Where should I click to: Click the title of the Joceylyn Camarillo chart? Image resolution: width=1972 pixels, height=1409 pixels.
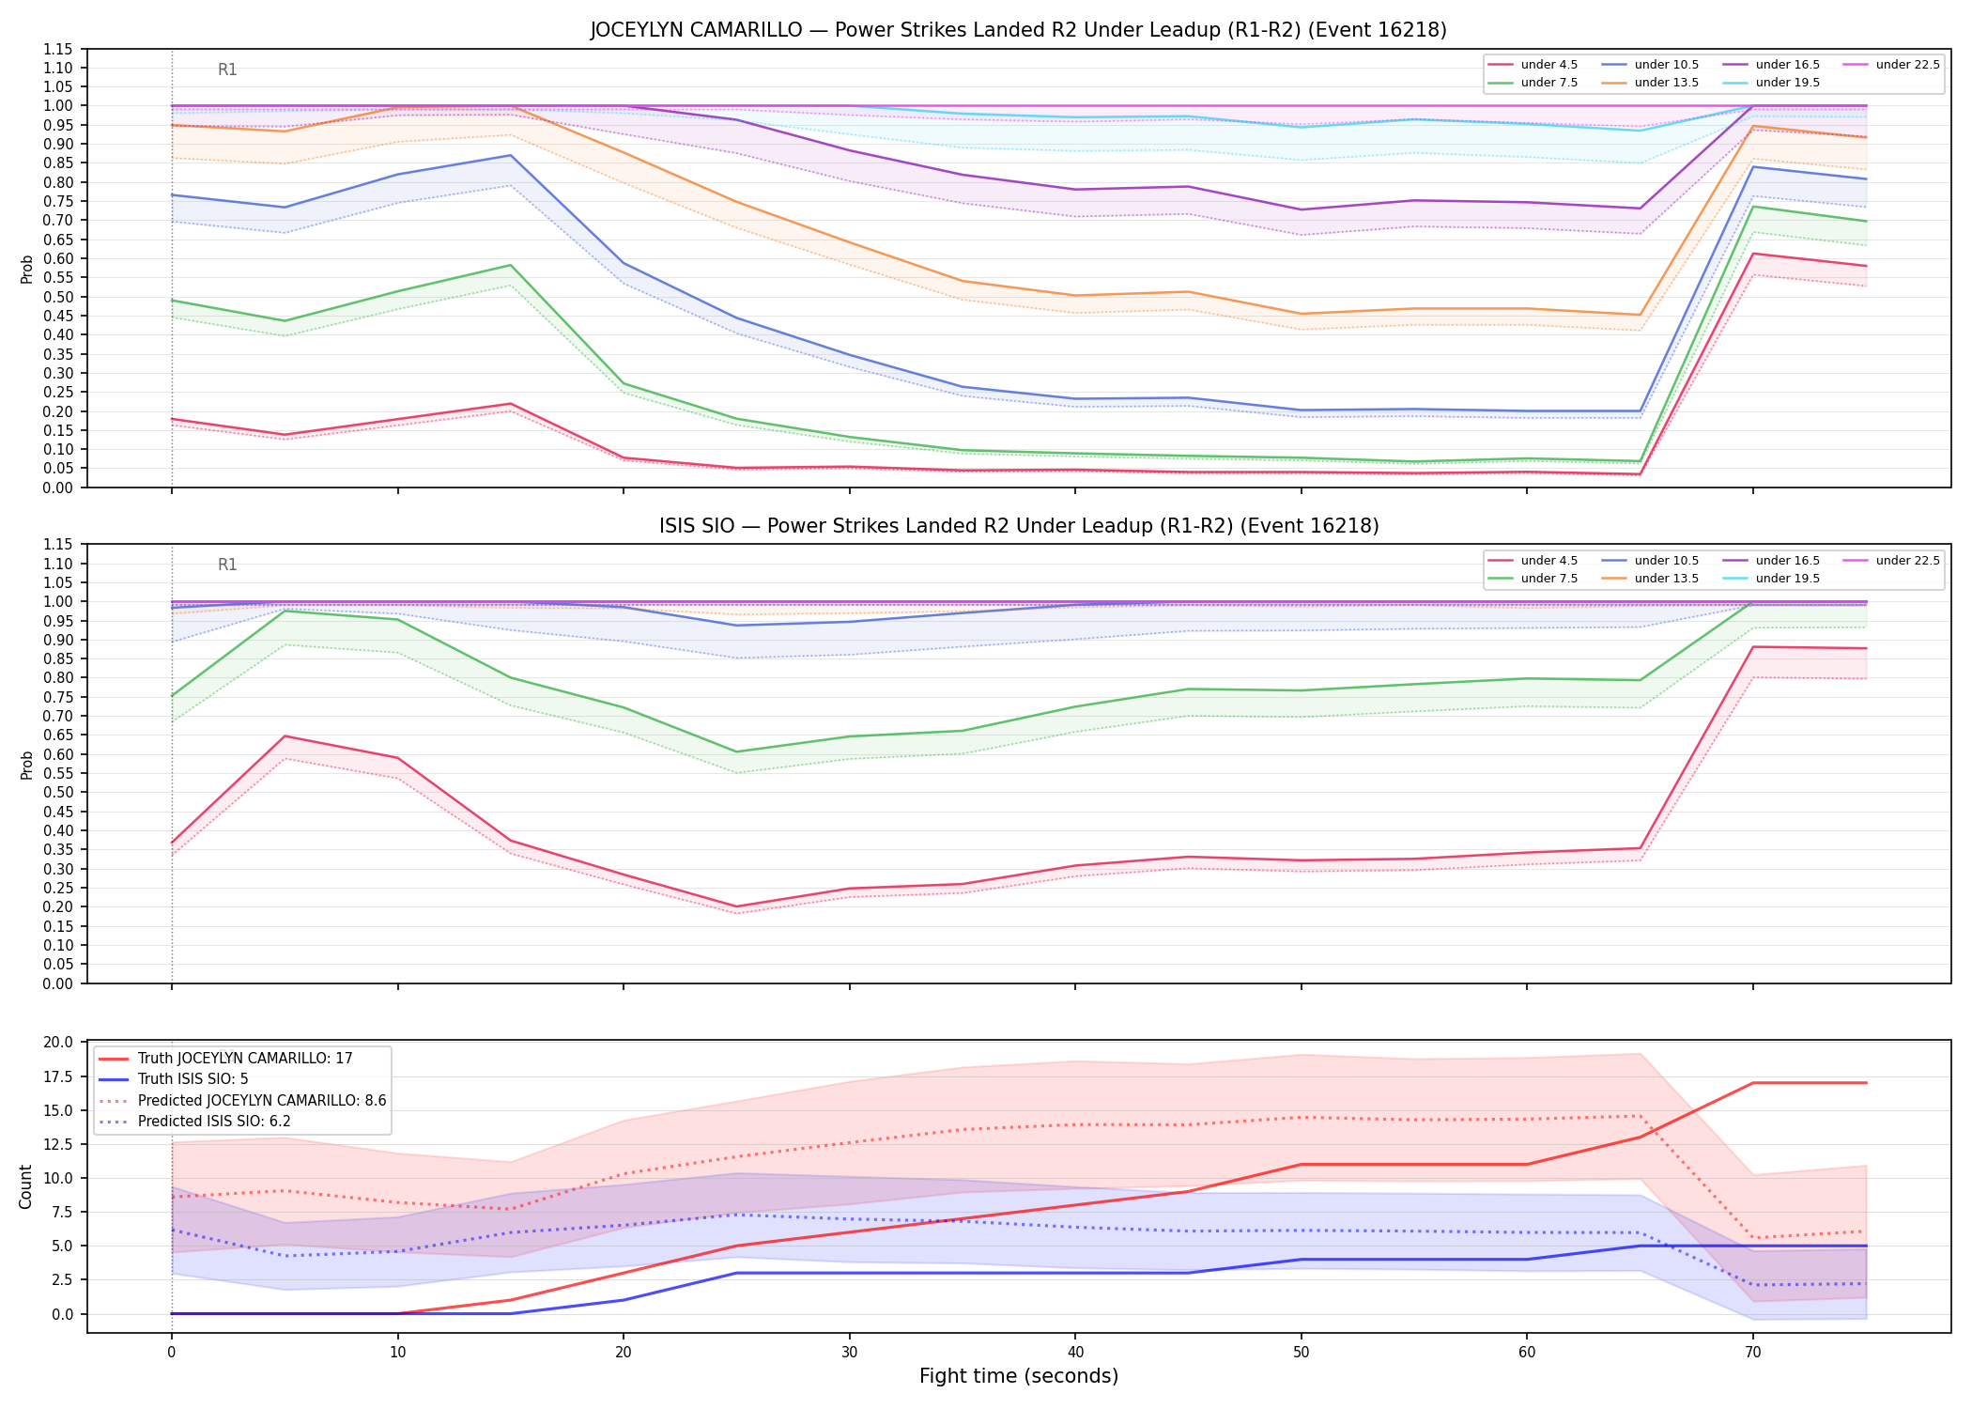1019,30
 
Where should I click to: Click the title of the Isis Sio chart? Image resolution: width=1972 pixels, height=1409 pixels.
1019,526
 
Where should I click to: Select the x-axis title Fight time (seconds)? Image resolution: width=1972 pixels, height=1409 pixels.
1019,1376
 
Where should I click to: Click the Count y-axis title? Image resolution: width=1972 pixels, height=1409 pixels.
25,1186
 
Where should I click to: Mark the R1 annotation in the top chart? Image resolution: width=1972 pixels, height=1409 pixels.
227,70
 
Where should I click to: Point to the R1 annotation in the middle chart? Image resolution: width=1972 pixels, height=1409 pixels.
227,565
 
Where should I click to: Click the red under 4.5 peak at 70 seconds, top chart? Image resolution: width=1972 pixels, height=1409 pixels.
1752,254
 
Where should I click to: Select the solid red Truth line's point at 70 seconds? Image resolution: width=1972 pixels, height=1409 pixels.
1752,1083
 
